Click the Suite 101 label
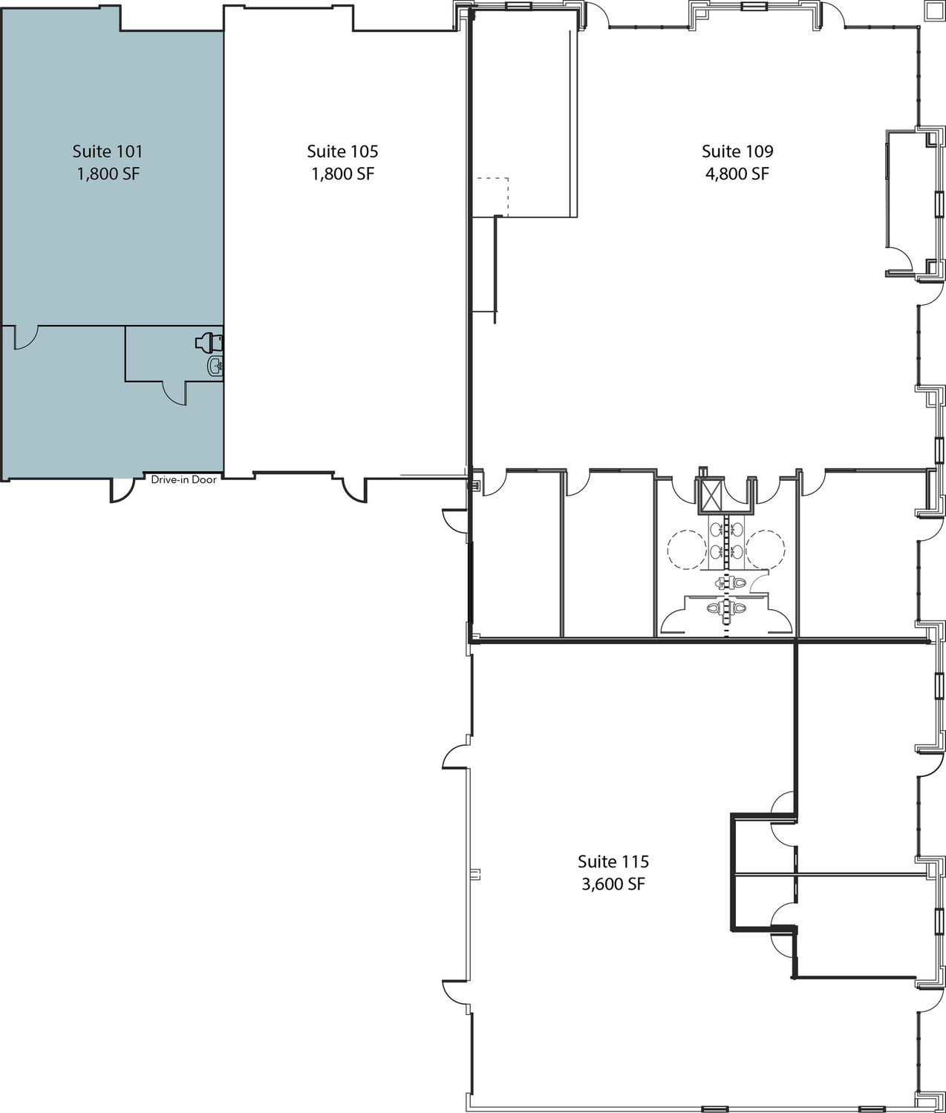[108, 151]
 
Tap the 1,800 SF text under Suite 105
[342, 174]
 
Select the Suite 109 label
[737, 151]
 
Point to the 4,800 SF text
[737, 174]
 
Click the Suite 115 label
[613, 861]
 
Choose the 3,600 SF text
[613, 884]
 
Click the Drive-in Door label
[183, 479]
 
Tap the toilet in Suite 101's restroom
[209, 342]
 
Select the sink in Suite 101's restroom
[215, 367]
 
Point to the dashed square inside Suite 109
[492, 197]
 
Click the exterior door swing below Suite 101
[122, 490]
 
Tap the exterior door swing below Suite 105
[355, 490]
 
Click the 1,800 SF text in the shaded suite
[108, 174]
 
